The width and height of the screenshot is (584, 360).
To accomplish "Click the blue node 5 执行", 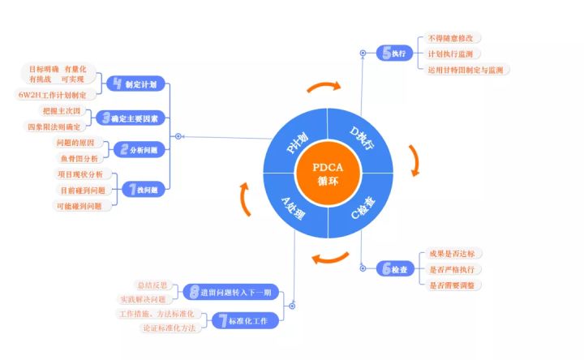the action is click(394, 54).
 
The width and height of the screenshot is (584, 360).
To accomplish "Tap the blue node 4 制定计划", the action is click(136, 84).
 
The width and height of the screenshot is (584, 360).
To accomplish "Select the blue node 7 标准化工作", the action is click(244, 320).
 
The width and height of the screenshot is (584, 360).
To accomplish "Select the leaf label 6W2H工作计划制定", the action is click(52, 94).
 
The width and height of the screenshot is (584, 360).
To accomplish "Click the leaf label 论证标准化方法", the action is click(169, 328).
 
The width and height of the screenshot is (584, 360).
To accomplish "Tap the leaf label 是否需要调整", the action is click(456, 285).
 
